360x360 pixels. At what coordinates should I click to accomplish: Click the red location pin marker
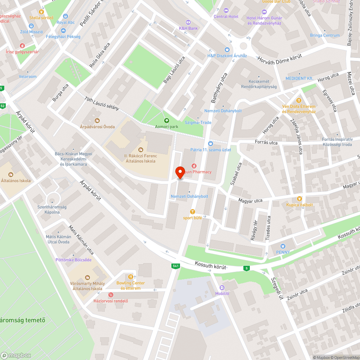pyautogui.click(x=180, y=172)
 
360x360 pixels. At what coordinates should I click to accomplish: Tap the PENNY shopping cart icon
pyautogui.click(x=283, y=246)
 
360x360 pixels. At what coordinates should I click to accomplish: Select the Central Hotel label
pyautogui.click(x=226, y=17)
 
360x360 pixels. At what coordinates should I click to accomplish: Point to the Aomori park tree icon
pyautogui.click(x=166, y=121)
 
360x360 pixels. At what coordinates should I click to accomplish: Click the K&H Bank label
pyautogui.click(x=188, y=28)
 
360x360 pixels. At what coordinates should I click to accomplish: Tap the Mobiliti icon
pyautogui.click(x=222, y=287)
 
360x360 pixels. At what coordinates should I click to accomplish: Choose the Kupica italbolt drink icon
pyautogui.click(x=299, y=199)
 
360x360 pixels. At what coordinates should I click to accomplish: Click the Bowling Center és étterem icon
pyautogui.click(x=130, y=277)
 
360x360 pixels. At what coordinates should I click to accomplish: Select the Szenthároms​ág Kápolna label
pyautogui.click(x=49, y=210)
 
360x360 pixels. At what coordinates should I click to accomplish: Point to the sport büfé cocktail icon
pyautogui.click(x=192, y=212)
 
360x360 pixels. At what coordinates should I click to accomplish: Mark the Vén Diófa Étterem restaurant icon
pyautogui.click(x=298, y=100)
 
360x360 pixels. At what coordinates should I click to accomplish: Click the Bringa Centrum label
pyautogui.click(x=325, y=35)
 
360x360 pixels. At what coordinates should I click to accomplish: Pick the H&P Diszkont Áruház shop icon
pyautogui.click(x=227, y=50)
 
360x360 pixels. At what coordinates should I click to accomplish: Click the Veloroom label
pyautogui.click(x=28, y=77)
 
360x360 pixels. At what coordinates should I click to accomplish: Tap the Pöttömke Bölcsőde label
pyautogui.click(x=73, y=260)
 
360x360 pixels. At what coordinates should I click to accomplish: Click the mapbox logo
pyautogui.click(x=16, y=355)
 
